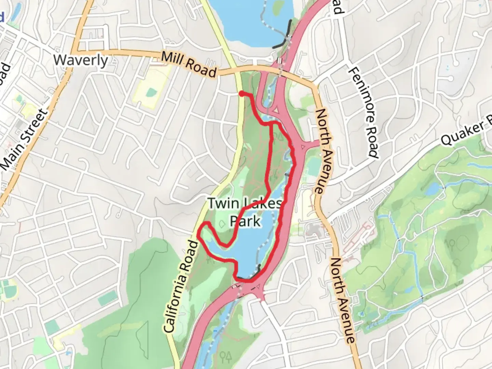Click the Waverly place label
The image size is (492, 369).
81,60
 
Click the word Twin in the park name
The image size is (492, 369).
223,203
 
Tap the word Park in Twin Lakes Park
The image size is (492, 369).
245,221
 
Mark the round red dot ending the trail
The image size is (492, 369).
241,94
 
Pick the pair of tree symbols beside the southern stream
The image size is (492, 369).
226,357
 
